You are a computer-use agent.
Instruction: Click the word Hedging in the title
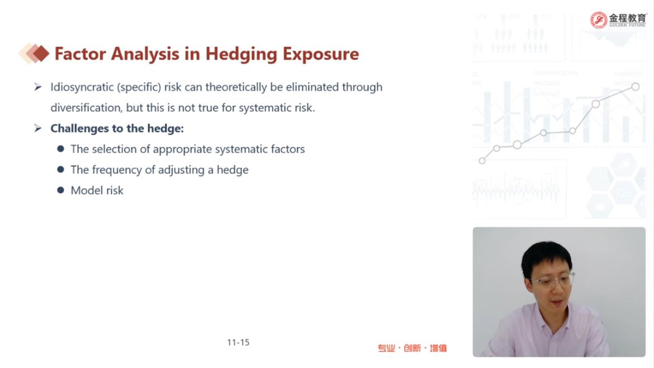(241, 54)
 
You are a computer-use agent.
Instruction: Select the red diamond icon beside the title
(41, 53)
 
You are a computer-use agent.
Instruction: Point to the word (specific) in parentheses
(139, 87)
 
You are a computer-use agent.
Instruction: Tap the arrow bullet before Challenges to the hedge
(38, 128)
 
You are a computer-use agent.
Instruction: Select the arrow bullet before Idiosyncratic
(38, 87)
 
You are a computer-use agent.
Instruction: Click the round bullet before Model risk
(61, 190)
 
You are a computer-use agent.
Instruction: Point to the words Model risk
(97, 191)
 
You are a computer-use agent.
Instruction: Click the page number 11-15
(238, 342)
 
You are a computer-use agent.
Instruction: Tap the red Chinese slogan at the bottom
(412, 348)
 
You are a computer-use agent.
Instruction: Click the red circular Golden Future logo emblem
(599, 20)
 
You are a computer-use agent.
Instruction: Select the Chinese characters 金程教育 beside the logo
(627, 18)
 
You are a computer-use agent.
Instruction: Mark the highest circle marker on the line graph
(635, 87)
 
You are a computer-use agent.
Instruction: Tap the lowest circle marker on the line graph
(482, 161)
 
